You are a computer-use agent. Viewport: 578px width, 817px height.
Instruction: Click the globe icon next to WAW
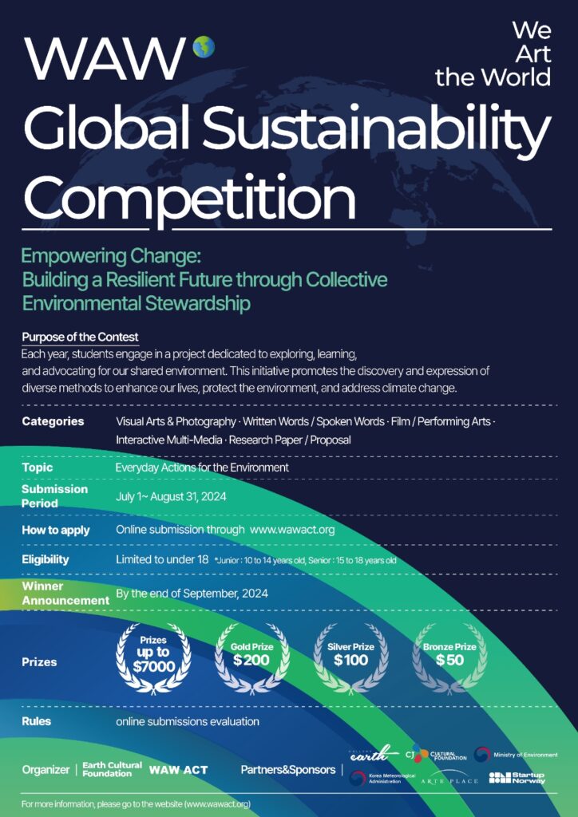coord(204,47)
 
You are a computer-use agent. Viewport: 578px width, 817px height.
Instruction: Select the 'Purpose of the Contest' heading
coord(81,337)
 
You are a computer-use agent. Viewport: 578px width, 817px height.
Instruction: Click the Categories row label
coord(53,421)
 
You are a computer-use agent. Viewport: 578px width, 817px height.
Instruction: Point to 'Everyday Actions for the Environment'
coord(202,468)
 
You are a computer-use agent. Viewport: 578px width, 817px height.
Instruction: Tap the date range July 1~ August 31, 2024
coord(171,496)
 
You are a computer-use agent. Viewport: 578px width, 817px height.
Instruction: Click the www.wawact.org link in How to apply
coord(292,530)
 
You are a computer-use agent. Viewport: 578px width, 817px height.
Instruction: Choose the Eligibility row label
coord(46,560)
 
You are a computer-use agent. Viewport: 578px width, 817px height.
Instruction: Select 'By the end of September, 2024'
coord(192,594)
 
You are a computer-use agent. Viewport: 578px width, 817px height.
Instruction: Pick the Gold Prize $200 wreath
coord(252,658)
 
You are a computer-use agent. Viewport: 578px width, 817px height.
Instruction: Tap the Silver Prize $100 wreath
coord(351,658)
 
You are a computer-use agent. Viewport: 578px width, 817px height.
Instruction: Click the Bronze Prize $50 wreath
coord(449,658)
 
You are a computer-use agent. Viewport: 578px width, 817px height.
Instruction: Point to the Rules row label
coord(37,721)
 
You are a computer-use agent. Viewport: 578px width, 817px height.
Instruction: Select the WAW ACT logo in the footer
coord(178,770)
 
